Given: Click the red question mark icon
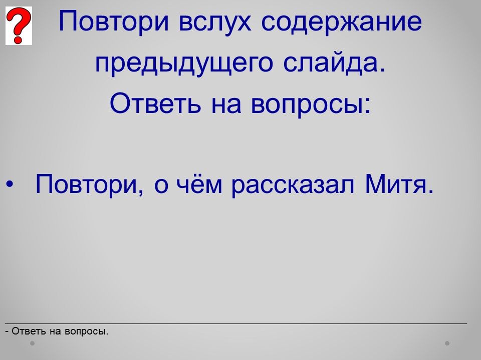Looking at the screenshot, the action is tap(19, 25).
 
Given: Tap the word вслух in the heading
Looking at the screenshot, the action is tap(215, 21).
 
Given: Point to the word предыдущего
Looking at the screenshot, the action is tap(184, 63).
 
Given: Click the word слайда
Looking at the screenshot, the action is tap(334, 62).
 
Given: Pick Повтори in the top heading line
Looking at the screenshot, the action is tap(114, 21).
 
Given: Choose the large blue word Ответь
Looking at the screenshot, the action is tap(155, 103).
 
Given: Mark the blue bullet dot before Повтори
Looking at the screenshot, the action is tap(10, 184).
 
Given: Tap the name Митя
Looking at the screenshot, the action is tap(399, 183).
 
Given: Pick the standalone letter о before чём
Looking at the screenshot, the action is tap(161, 186).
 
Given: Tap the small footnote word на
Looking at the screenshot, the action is tap(56, 332).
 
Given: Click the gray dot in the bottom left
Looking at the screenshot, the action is tap(32, 343).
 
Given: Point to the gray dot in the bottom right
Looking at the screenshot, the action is tap(447, 343).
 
